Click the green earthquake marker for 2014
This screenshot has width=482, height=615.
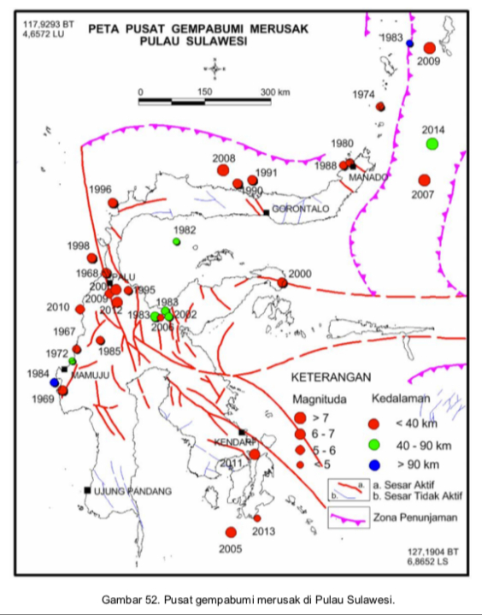click(x=432, y=143)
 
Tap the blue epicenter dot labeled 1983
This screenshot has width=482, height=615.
click(x=410, y=43)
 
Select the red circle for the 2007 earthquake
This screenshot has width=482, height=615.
click(x=425, y=180)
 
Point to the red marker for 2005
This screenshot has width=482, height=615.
click(x=231, y=532)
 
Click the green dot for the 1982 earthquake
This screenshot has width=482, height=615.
click(x=177, y=242)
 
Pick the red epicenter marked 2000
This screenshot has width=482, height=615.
click(x=283, y=282)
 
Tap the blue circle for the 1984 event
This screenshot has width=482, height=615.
click(x=55, y=383)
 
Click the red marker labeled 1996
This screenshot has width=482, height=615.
click(x=113, y=203)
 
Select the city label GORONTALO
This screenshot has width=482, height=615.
click(x=300, y=209)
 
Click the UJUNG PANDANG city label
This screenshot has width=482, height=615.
click(x=132, y=491)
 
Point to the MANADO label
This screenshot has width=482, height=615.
click(x=369, y=177)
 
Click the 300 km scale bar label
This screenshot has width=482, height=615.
click(x=275, y=92)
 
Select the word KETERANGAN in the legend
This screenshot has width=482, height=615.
click(x=331, y=376)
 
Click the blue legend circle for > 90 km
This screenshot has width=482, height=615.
click(x=373, y=464)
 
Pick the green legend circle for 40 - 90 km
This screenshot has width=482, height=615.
click(x=373, y=444)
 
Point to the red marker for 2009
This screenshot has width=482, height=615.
click(x=430, y=48)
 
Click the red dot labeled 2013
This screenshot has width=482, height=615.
click(x=257, y=518)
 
